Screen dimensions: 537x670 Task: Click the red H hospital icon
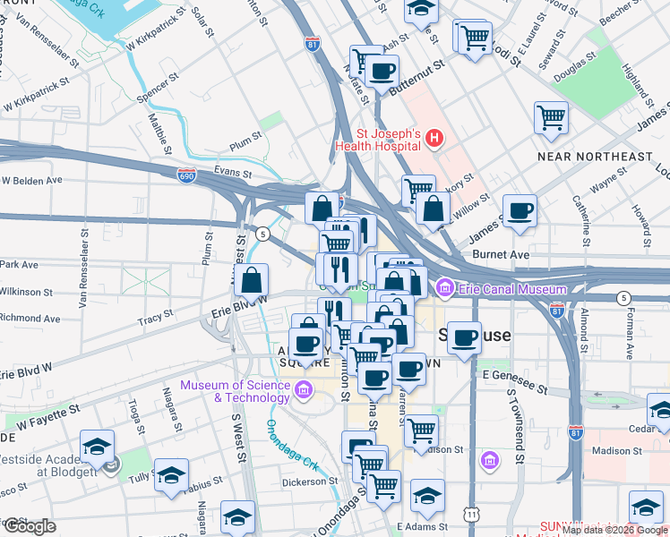click(434, 138)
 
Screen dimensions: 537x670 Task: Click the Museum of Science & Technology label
click(236, 391)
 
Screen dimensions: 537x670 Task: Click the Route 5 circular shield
click(262, 234)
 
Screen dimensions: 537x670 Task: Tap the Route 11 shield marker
click(471, 514)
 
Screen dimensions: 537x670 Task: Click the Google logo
click(30, 525)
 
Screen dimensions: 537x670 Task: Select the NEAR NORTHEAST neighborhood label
click(596, 157)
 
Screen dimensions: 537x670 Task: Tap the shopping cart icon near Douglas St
click(552, 117)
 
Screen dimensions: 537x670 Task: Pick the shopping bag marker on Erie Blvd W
click(253, 280)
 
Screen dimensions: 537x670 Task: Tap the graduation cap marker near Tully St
click(171, 475)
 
